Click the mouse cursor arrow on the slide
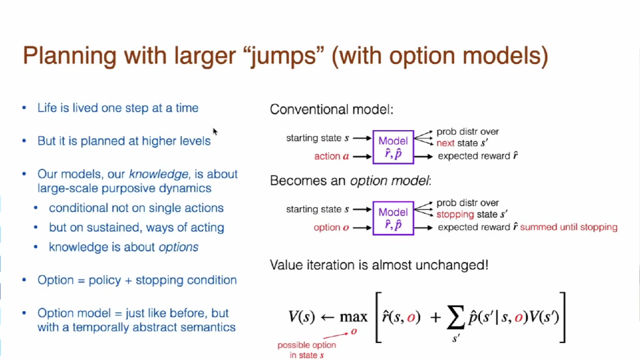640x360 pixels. coord(215,131)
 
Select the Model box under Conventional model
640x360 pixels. coord(393,148)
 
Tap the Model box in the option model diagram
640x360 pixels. coord(393,219)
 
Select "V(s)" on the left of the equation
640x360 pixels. coord(303,317)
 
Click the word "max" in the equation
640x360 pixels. coord(353,317)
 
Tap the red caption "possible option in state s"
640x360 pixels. coord(307,350)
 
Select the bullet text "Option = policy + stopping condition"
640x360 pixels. coord(137,280)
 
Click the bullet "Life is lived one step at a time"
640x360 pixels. coord(118,108)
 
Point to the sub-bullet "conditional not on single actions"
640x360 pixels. coord(136,208)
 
